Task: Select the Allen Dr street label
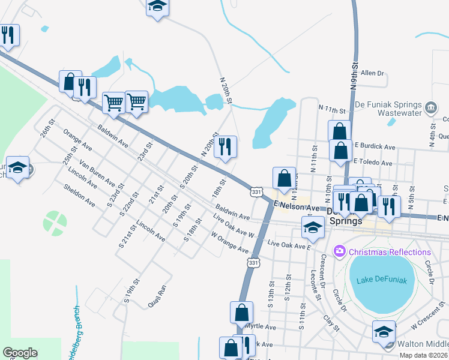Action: click(x=372, y=73)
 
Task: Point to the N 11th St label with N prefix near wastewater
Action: click(x=333, y=111)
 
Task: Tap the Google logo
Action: click(x=20, y=353)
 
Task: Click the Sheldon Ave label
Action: click(x=79, y=196)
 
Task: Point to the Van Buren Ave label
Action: click(x=97, y=173)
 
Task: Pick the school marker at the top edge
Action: click(x=157, y=7)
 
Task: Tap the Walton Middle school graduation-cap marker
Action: click(x=384, y=331)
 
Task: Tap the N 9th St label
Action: click(x=355, y=75)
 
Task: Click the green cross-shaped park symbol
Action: click(x=55, y=223)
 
